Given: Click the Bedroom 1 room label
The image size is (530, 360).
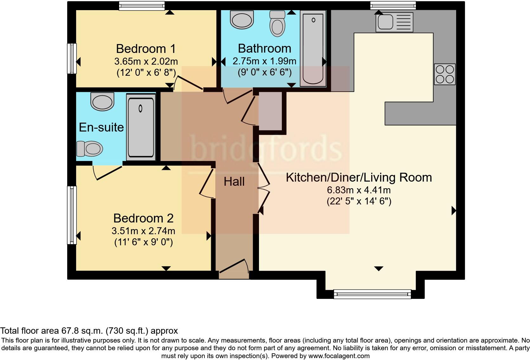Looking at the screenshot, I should tap(145, 49).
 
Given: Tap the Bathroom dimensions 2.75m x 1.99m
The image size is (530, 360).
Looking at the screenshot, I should tap(264, 61).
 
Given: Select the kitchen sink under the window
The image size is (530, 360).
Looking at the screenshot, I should tap(394, 22).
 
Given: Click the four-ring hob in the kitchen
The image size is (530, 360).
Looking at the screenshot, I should tap(445, 74).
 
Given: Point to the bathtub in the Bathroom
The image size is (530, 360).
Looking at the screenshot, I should tap(313, 48).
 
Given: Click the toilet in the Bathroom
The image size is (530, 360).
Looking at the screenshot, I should tap(277, 24).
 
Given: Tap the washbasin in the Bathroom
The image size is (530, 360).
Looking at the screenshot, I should tap(242, 20).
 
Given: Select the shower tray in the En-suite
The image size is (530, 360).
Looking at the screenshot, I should tap(141, 127).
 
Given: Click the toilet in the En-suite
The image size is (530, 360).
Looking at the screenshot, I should tap(90, 149).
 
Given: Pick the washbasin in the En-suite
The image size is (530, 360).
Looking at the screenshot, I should tap(102, 101).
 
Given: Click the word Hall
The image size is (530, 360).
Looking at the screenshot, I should tap(234, 182).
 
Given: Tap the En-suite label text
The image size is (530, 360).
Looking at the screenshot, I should tap(101, 127).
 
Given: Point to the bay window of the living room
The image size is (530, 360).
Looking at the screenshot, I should tap(372, 295).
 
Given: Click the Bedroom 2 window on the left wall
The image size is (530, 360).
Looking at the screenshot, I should tap(72, 215).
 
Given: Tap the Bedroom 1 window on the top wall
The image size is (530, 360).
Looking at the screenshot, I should tap(142, 6).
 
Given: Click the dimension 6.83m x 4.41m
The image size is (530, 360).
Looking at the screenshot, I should tap(359, 190).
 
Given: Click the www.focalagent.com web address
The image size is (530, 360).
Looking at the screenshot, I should tap(339, 356).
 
